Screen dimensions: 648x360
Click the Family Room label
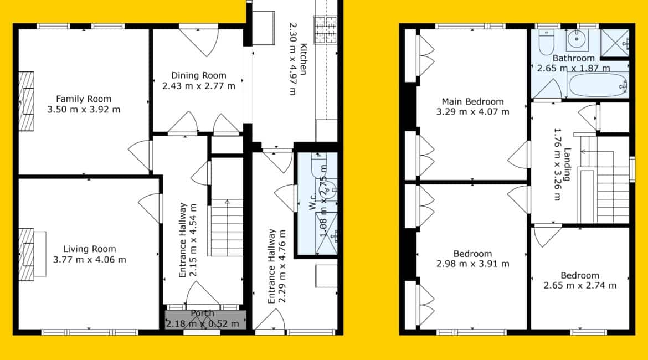(84, 99)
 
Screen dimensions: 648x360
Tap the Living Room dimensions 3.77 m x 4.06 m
(89, 260)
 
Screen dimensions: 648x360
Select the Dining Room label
(199, 75)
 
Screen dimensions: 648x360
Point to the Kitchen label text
(304, 59)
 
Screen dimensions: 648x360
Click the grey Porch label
(203, 313)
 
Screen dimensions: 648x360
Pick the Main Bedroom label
(473, 101)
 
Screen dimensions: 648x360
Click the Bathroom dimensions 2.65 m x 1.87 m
(573, 68)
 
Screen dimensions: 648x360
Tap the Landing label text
(567, 164)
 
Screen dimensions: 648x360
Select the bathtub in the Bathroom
(598, 85)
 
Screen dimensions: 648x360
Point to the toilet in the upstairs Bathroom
(546, 42)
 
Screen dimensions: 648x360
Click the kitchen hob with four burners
(325, 29)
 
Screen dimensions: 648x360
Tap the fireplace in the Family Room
(27, 101)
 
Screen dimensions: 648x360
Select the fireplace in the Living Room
(27, 255)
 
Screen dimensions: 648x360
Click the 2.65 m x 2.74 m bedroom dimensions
(580, 286)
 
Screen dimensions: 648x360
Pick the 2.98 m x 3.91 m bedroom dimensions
(473, 264)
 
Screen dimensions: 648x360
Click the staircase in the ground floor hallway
(227, 228)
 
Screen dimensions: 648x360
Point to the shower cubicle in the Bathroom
(615, 43)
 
